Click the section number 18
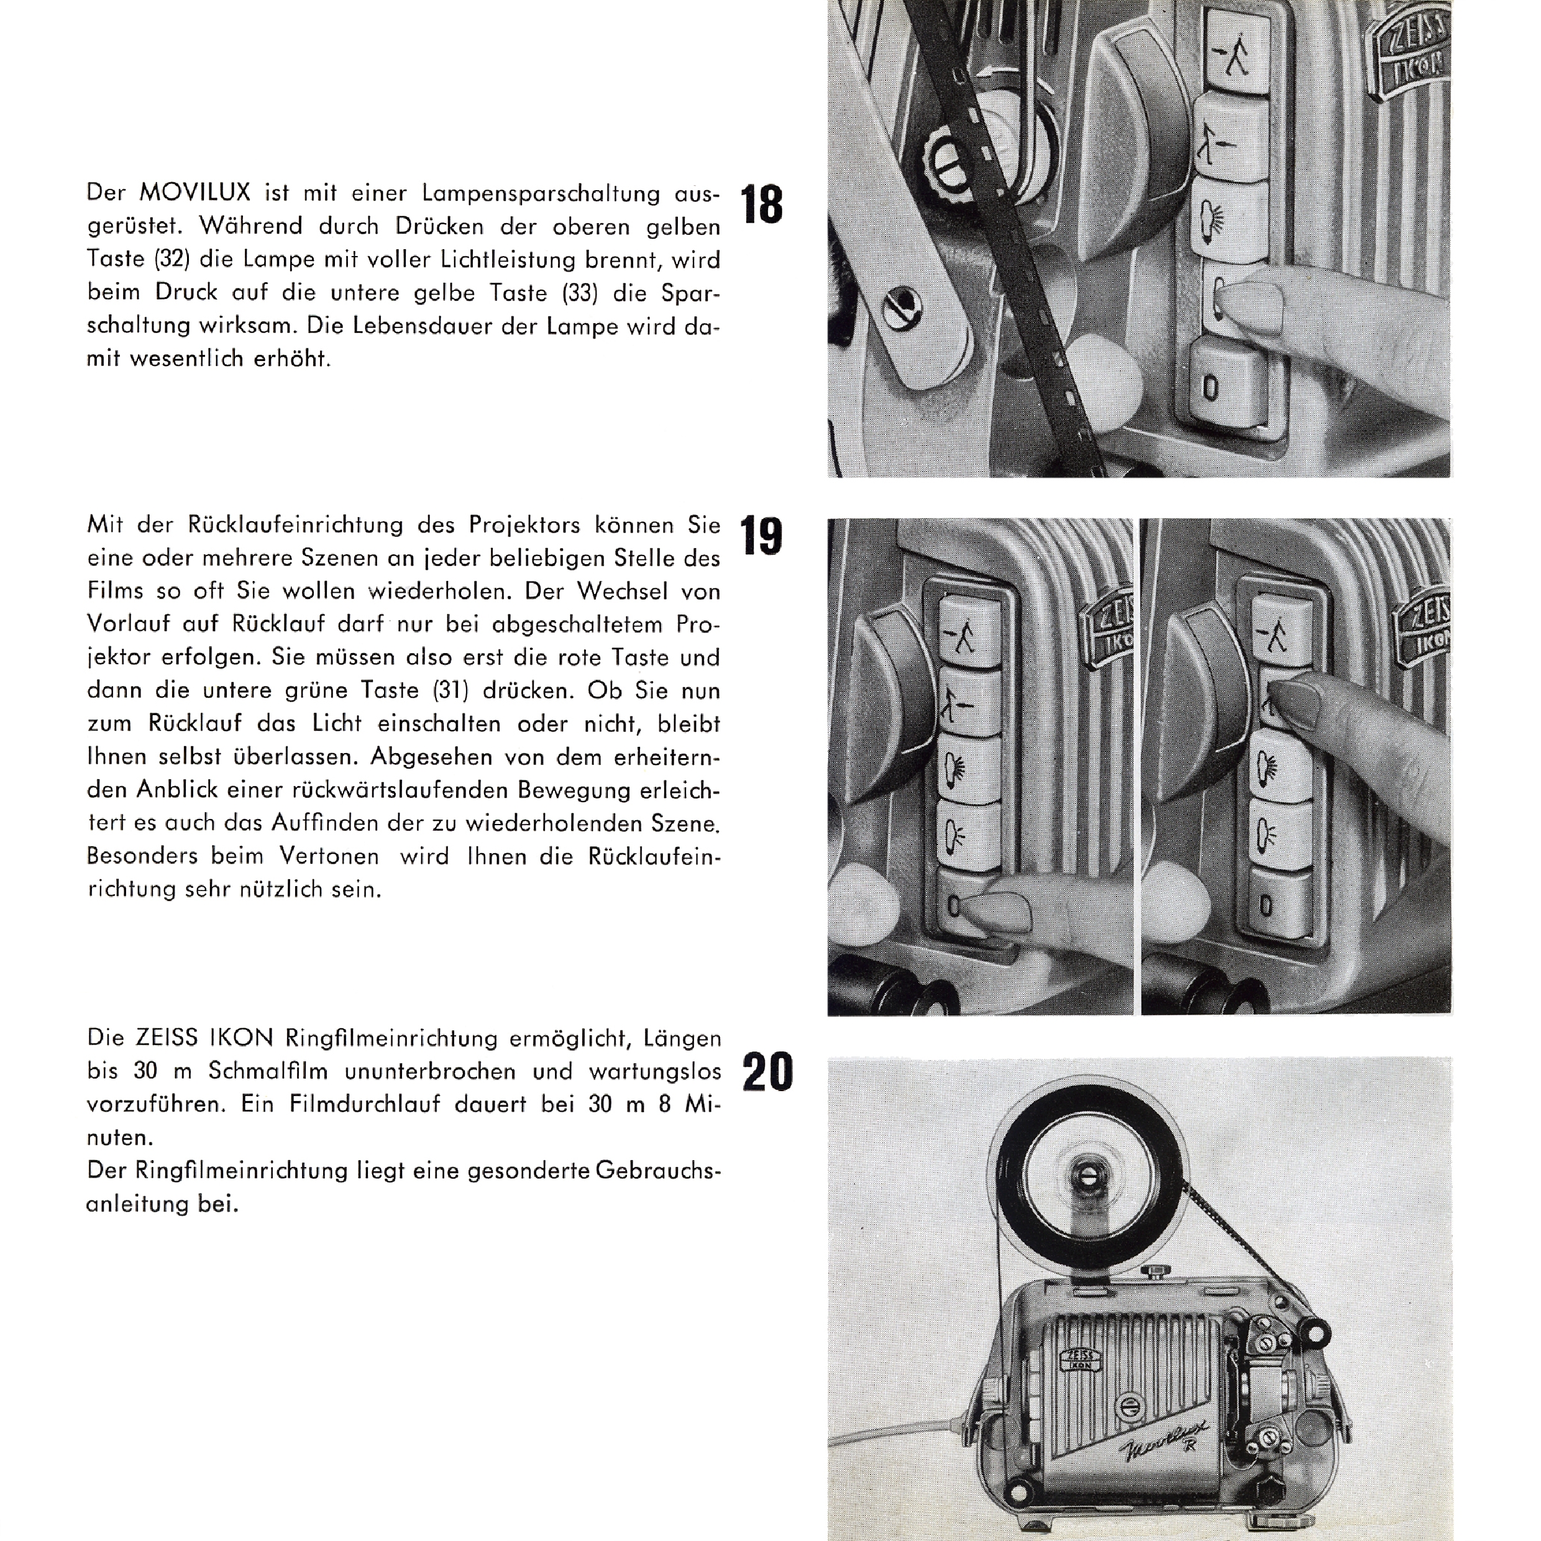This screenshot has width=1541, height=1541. (x=762, y=204)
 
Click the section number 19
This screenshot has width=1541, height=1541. (x=762, y=536)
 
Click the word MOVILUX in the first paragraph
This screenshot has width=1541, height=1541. (x=195, y=193)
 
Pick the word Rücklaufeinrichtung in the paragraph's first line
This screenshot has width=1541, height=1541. (x=295, y=525)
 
